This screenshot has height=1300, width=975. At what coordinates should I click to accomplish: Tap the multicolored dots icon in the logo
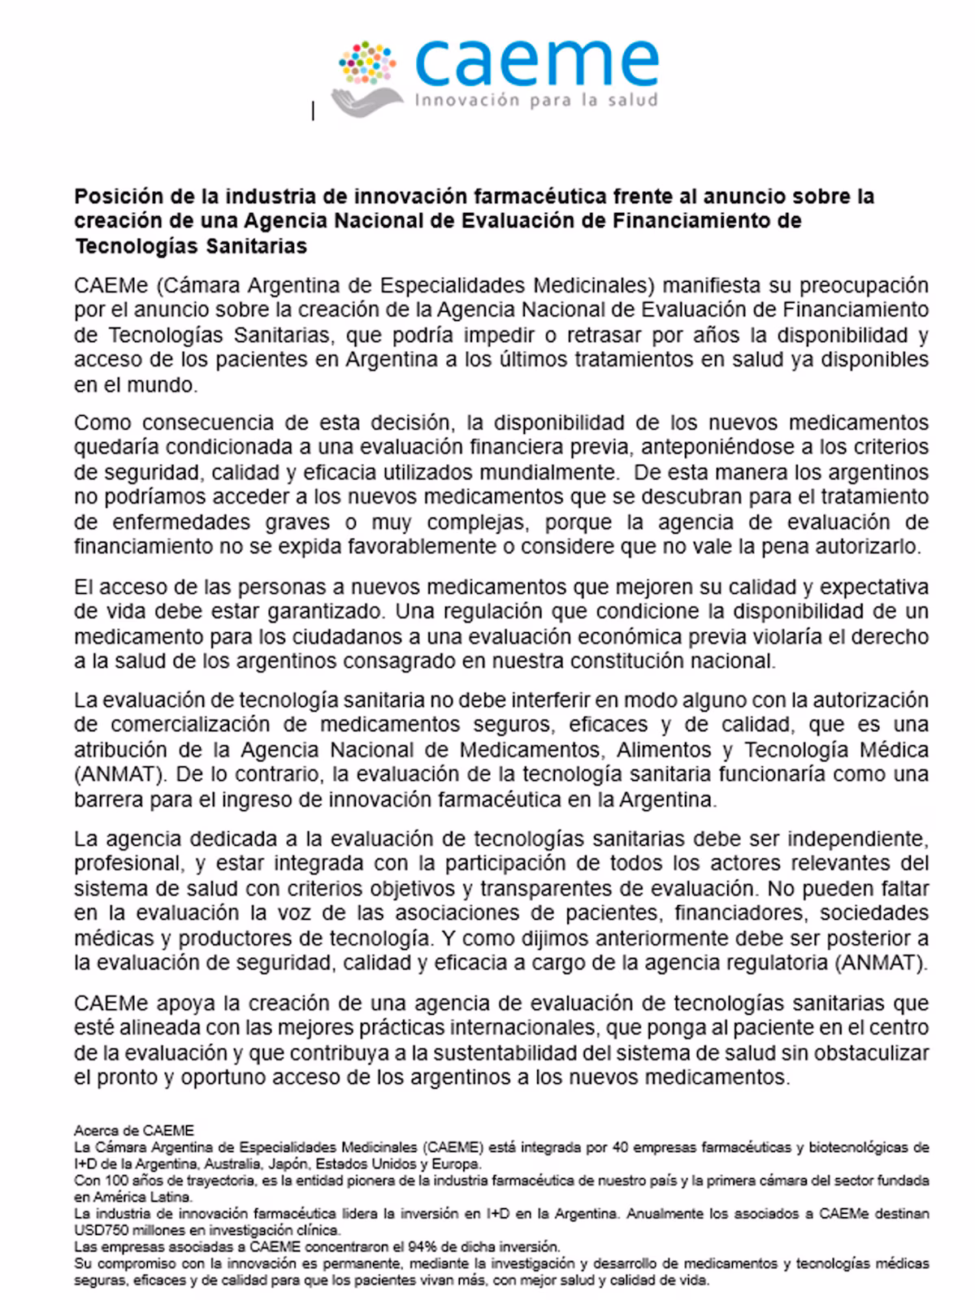(x=367, y=63)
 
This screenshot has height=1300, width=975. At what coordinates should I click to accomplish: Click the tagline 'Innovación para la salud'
(x=536, y=101)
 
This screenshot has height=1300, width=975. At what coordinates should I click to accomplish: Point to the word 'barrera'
(x=106, y=799)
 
